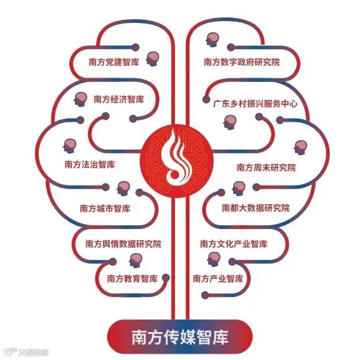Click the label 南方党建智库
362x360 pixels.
click(114, 62)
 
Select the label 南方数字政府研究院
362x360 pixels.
click(242, 62)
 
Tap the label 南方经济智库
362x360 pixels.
click(119, 99)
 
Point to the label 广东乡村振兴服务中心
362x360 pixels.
click(255, 104)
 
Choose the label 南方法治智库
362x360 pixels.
click(90, 164)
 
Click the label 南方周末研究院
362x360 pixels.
click(266, 168)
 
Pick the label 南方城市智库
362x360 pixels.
click(105, 209)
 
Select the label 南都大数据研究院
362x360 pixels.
click(256, 208)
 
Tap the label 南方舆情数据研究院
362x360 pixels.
click(123, 244)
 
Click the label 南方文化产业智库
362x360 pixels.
click(234, 244)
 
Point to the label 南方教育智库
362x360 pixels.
click(132, 279)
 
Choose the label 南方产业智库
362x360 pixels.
click(218, 279)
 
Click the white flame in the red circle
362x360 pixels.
click(178, 157)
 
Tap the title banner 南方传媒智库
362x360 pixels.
click(180, 336)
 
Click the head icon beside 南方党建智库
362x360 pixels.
click(152, 59)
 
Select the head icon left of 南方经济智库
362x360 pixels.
click(81, 99)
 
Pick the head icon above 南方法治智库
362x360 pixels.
click(69, 146)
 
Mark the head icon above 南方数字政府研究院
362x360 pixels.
click(212, 40)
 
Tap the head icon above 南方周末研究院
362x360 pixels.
click(301, 148)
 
